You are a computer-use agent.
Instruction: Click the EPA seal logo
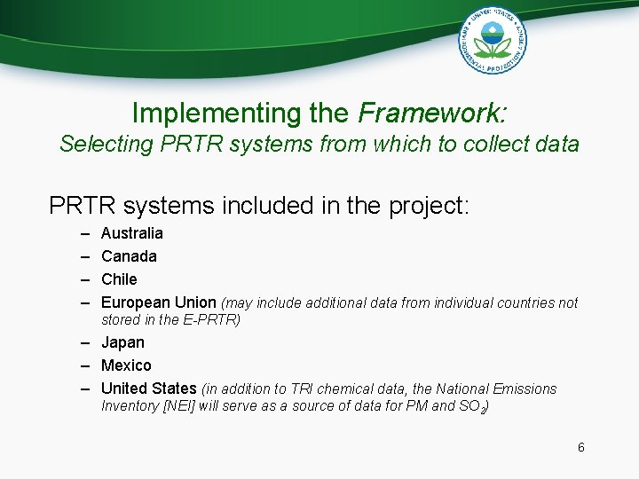tap(493, 39)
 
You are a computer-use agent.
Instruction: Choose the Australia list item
tap(132, 233)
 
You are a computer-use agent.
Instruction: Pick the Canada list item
tap(129, 256)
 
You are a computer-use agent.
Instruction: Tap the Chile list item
tap(119, 279)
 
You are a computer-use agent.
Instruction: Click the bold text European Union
tap(159, 302)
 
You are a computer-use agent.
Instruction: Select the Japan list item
tap(122, 342)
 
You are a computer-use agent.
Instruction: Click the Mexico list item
tap(126, 365)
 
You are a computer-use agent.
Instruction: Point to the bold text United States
tap(149, 389)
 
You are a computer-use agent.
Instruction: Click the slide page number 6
tap(581, 447)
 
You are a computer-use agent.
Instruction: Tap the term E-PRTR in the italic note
tap(211, 320)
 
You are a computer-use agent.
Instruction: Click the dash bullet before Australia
tap(84, 233)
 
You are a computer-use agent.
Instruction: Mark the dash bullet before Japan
tap(84, 342)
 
